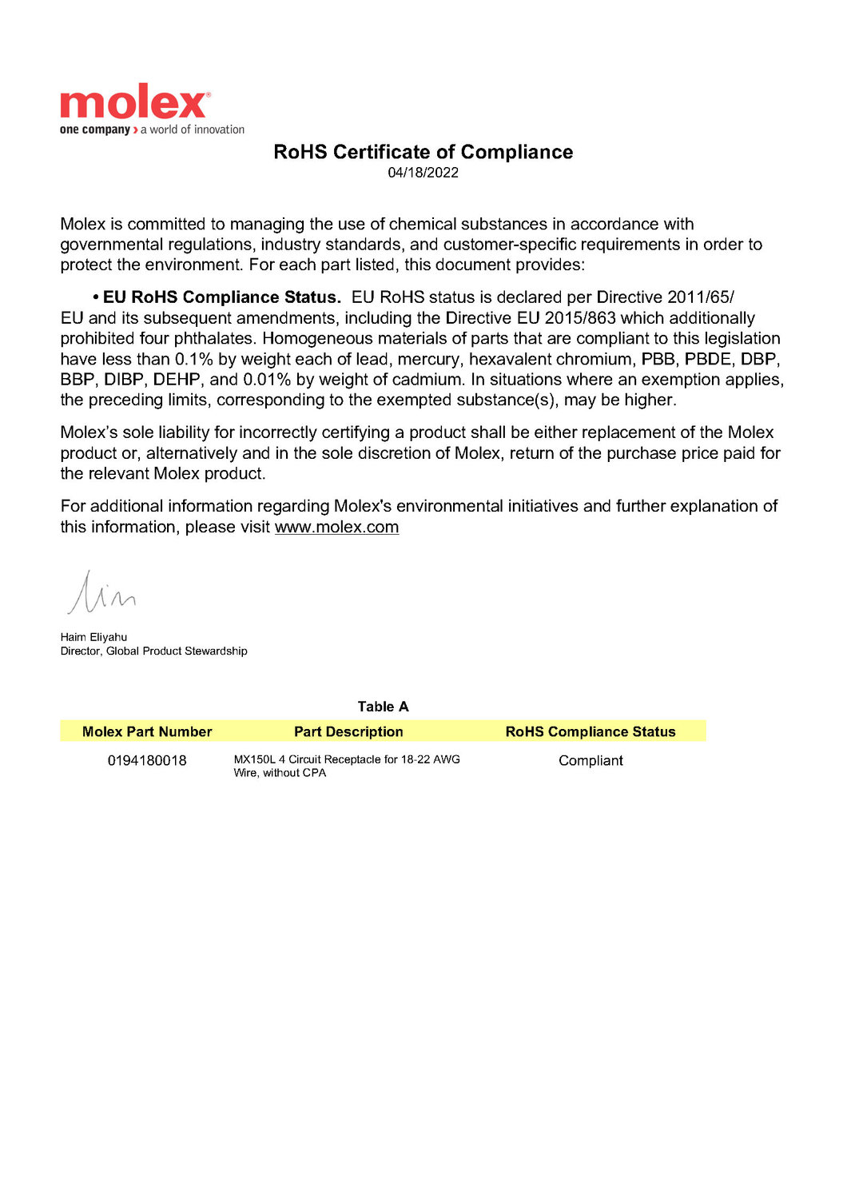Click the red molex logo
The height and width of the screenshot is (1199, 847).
[133, 103]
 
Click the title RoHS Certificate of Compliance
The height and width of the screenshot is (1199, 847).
[423, 152]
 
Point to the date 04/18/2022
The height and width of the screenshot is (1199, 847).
[423, 173]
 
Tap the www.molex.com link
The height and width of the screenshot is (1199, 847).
[336, 528]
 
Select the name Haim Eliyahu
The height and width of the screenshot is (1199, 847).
[93, 637]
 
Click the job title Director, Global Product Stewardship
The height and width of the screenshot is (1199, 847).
[153, 651]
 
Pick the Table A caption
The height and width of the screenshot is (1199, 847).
[383, 707]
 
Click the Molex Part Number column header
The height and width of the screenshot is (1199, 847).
[147, 731]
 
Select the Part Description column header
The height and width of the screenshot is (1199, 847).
[348, 731]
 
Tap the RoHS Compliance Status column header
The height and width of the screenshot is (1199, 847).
[591, 731]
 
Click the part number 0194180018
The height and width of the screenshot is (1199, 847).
[147, 760]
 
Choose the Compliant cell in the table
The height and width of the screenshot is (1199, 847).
[591, 760]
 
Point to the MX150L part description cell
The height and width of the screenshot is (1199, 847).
[346, 766]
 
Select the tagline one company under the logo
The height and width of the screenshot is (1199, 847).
[94, 129]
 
